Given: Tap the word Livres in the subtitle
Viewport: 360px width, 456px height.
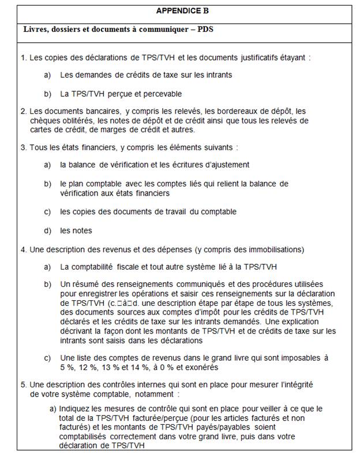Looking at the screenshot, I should point(36,29).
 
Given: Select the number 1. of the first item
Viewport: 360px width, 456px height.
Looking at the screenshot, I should point(24,58).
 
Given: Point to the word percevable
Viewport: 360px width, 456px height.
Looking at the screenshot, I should point(163,94).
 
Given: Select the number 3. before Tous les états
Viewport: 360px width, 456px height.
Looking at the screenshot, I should point(24,147).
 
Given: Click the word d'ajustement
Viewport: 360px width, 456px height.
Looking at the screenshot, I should point(222,165).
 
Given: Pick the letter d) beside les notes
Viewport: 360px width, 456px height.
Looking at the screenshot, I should point(47,231).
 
